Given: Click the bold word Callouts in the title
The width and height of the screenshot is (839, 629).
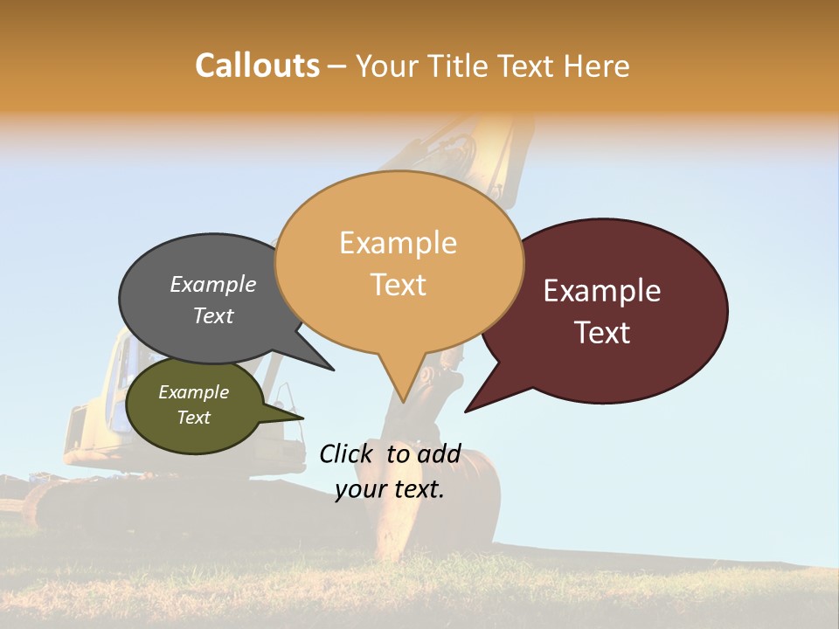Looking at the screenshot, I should click(x=257, y=66).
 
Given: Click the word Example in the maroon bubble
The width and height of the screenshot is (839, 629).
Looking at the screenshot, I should click(x=602, y=291).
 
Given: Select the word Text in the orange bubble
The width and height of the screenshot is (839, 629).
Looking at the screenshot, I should click(x=399, y=285).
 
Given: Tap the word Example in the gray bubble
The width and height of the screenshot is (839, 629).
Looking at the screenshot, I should click(x=213, y=285).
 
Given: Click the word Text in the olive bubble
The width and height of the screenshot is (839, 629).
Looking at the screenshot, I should click(x=194, y=418).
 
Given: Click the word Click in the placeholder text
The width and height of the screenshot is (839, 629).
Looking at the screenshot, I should click(x=345, y=453).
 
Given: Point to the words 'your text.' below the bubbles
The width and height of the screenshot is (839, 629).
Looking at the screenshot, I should click(x=390, y=489).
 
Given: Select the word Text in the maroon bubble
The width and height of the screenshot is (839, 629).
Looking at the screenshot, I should click(x=603, y=333).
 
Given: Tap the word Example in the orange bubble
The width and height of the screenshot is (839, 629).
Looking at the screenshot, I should click(x=399, y=243).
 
